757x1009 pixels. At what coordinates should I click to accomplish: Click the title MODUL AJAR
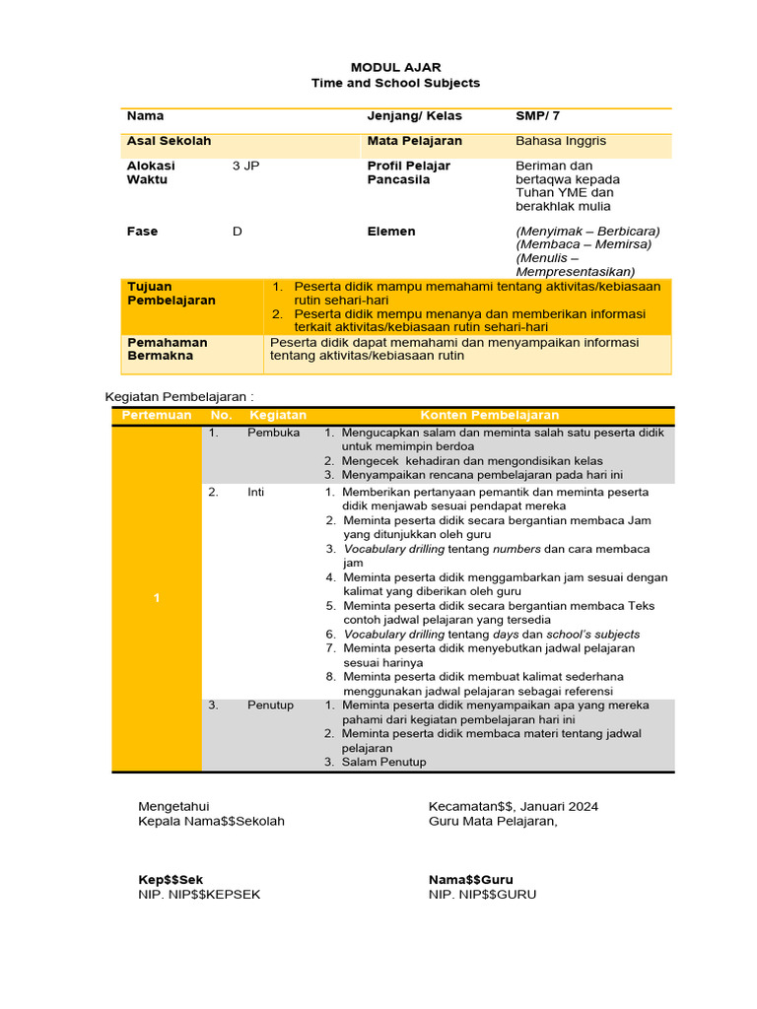(x=395, y=68)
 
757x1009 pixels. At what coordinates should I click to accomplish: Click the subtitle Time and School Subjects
(x=395, y=84)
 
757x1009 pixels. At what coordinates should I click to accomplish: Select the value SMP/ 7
(x=538, y=116)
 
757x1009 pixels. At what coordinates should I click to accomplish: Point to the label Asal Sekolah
(x=169, y=141)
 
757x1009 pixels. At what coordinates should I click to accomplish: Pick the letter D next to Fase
(x=237, y=232)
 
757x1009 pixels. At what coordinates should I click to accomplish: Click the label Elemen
(x=391, y=232)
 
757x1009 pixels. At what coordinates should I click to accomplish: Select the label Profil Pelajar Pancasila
(x=408, y=172)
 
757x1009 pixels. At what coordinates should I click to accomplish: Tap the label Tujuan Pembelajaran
(x=172, y=293)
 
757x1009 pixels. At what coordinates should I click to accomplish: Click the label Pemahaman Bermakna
(x=167, y=349)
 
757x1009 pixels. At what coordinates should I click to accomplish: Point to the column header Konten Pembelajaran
(x=490, y=416)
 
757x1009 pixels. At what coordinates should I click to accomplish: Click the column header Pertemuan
(x=156, y=416)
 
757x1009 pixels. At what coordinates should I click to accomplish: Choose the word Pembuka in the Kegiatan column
(x=273, y=433)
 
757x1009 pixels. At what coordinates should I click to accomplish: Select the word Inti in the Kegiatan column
(x=256, y=492)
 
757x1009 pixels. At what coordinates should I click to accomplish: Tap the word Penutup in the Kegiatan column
(x=270, y=706)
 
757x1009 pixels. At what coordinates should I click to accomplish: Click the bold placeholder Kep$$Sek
(x=171, y=880)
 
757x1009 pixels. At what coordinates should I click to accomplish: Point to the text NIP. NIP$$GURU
(x=482, y=895)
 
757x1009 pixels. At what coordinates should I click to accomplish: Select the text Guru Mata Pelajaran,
(x=493, y=821)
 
